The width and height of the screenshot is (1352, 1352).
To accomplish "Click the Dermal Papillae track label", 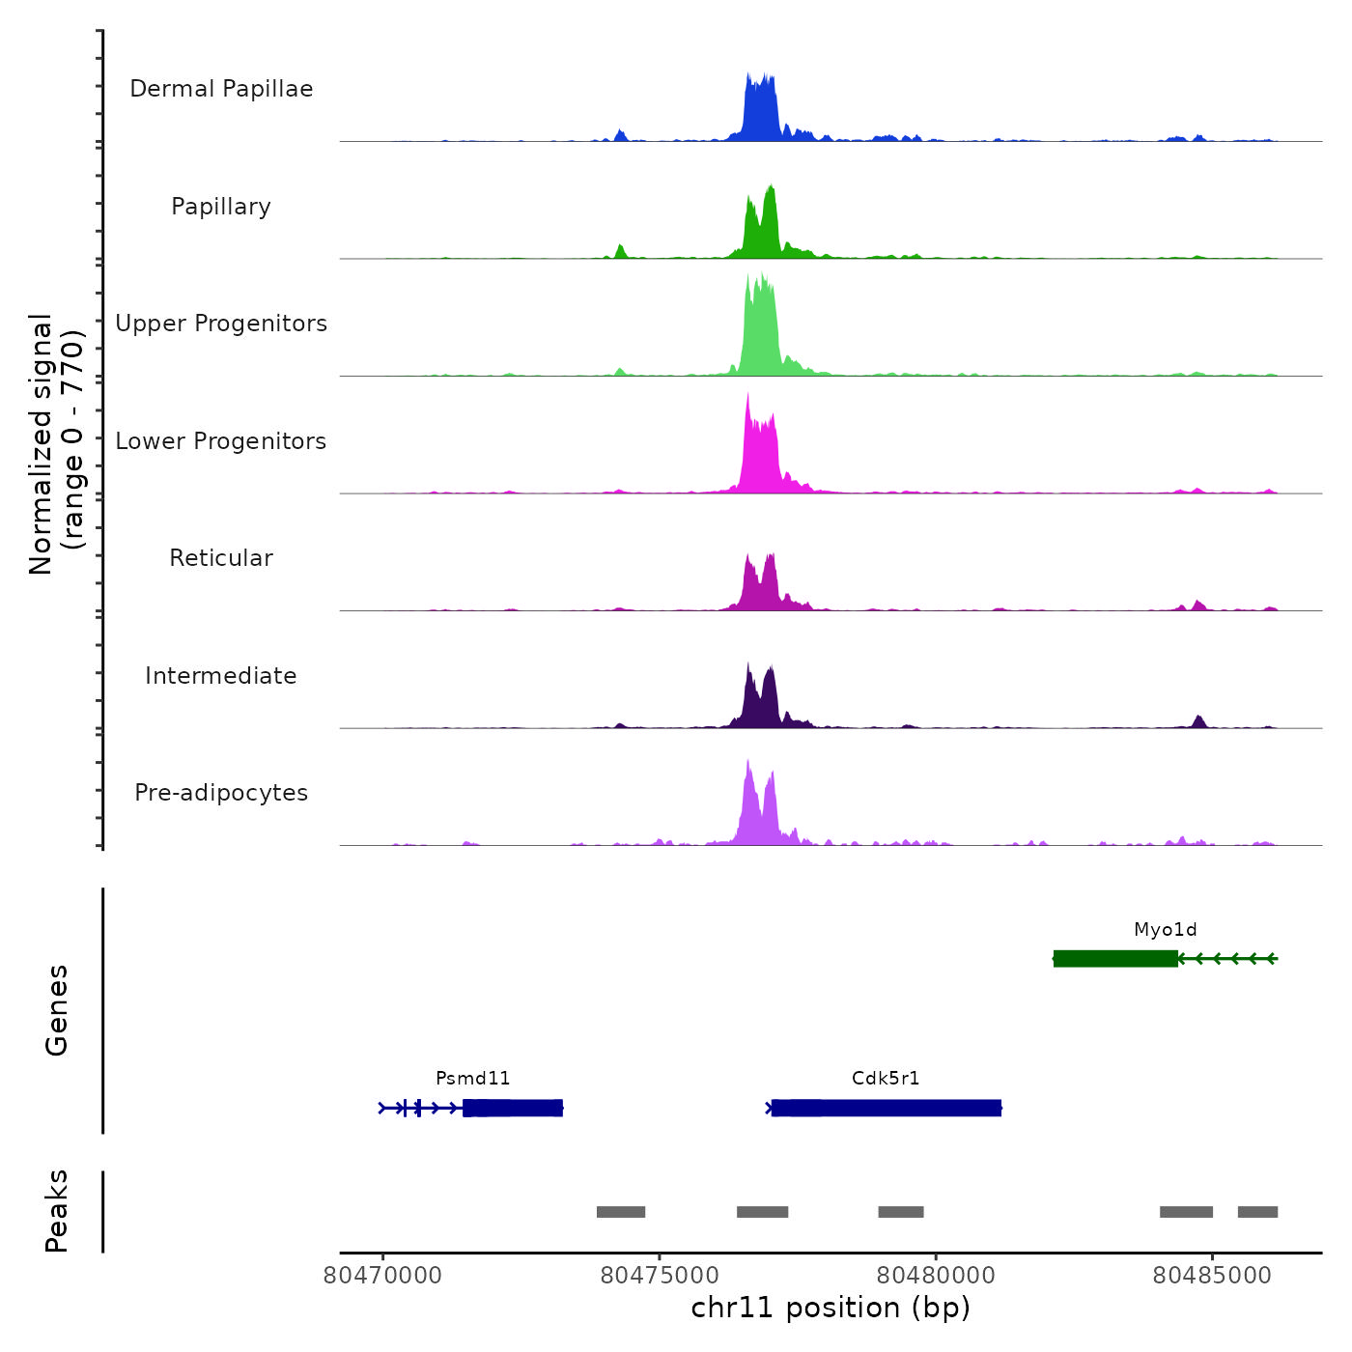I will pyautogui.click(x=221, y=89).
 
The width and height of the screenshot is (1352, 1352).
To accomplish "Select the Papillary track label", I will pyautogui.click(x=221, y=207).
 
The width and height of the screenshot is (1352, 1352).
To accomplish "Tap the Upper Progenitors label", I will pyautogui.click(x=221, y=324).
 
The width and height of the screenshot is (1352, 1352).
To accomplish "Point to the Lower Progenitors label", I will pyautogui.click(x=221, y=441).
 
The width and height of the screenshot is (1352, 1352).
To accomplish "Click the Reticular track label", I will pyautogui.click(x=221, y=558).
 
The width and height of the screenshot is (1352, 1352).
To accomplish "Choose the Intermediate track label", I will pyautogui.click(x=221, y=676).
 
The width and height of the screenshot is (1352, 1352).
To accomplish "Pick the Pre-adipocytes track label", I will pyautogui.click(x=221, y=793).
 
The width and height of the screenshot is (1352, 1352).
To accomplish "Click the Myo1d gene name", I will pyautogui.click(x=1165, y=930).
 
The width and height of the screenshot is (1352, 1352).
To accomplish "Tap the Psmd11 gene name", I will pyautogui.click(x=472, y=1079).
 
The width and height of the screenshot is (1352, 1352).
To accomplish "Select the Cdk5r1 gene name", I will pyautogui.click(x=886, y=1079).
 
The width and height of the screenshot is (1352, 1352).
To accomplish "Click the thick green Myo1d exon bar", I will pyautogui.click(x=1115, y=959).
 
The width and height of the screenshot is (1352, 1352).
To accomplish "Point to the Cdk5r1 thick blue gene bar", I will pyautogui.click(x=887, y=1108).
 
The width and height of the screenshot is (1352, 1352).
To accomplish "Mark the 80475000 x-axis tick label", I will pyautogui.click(x=660, y=1276).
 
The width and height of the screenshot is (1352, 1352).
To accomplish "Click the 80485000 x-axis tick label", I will pyautogui.click(x=1212, y=1276).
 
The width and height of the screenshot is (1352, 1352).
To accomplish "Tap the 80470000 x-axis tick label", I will pyautogui.click(x=382, y=1276).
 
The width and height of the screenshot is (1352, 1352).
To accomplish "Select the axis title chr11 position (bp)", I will pyautogui.click(x=831, y=1309).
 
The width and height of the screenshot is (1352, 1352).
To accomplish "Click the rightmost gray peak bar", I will pyautogui.click(x=1257, y=1212).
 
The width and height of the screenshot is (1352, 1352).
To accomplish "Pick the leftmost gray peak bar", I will pyautogui.click(x=621, y=1212).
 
